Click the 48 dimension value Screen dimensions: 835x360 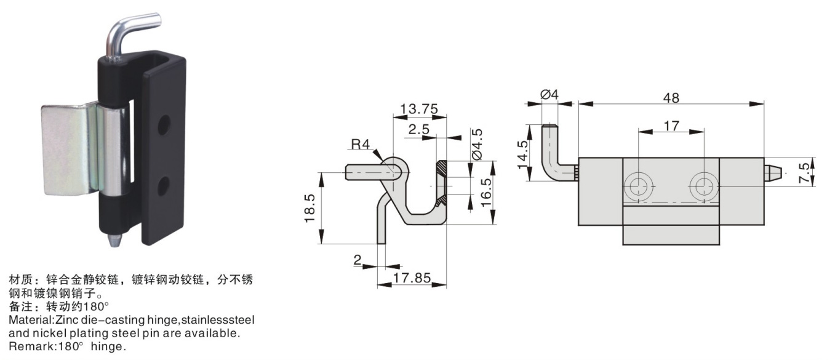click(671, 98)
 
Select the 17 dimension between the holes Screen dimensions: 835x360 click(671, 126)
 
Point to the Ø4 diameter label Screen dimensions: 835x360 click(549, 95)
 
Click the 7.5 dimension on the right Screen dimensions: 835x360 click(805, 173)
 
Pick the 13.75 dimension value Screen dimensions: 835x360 click(419, 109)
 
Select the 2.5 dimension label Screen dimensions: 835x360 click(418, 129)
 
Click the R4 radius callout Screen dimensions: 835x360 click(360, 144)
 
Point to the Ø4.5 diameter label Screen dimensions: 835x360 click(477, 144)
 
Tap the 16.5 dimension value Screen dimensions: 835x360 click(486, 193)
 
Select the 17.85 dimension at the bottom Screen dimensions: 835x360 click(412, 278)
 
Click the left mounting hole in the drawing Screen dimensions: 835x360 click(638, 186)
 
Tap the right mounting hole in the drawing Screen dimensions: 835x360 click(704, 186)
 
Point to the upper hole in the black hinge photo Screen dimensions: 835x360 click(164, 125)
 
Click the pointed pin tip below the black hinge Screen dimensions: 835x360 click(116, 239)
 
